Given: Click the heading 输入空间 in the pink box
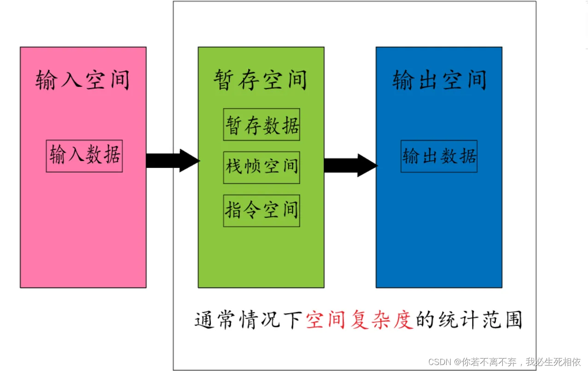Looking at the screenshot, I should click(x=83, y=80).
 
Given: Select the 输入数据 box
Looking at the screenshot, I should click(x=84, y=156).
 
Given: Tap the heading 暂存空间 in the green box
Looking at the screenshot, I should click(x=261, y=80).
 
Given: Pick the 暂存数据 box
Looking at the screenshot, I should click(x=262, y=125).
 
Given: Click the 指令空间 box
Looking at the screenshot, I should click(x=262, y=211).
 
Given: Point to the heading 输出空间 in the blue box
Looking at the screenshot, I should click(x=439, y=80).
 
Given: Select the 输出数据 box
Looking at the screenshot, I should click(x=439, y=156).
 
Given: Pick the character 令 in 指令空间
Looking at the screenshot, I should click(x=252, y=211).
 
